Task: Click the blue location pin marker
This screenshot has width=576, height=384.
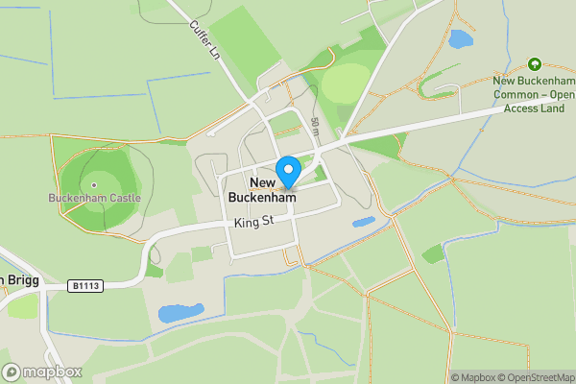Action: tap(287, 172)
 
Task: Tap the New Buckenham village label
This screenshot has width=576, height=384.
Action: tap(261, 190)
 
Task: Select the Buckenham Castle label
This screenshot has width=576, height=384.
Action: tap(94, 199)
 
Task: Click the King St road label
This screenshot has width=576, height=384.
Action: tap(254, 223)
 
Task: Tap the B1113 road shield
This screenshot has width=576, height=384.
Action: tap(85, 285)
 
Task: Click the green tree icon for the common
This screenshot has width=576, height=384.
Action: tap(534, 64)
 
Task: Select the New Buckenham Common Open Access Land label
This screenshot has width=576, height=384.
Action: tap(534, 94)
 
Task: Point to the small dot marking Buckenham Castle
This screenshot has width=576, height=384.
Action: tap(94, 184)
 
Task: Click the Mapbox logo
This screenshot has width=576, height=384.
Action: tap(42, 372)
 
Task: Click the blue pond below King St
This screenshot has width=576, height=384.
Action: tap(180, 312)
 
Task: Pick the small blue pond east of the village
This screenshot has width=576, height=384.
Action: tap(364, 222)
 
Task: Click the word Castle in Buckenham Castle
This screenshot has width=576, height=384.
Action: tap(123, 199)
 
